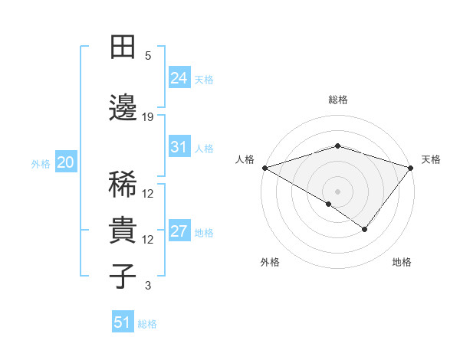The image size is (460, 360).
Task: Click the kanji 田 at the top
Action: [123, 48]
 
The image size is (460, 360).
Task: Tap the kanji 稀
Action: [123, 185]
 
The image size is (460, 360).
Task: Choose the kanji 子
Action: [123, 276]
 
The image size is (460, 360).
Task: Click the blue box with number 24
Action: [179, 78]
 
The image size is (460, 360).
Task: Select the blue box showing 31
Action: [179, 147]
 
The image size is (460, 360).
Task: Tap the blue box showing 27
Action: [179, 232]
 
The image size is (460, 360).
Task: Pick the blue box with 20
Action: [65, 162]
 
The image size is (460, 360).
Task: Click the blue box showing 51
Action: [122, 322]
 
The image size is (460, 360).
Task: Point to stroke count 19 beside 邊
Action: [148, 116]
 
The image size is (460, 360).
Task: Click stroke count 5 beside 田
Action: [148, 56]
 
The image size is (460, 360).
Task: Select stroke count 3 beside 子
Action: [148, 286]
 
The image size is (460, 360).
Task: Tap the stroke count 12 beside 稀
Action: [148, 194]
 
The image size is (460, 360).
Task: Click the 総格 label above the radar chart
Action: [337, 100]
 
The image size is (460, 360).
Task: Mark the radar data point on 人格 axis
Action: [264, 168]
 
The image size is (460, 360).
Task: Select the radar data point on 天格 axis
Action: [410, 168]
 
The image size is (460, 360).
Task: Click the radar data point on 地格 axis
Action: [365, 229]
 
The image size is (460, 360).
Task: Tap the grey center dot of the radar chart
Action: [337, 191]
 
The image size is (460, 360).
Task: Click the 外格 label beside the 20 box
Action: [40, 163]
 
